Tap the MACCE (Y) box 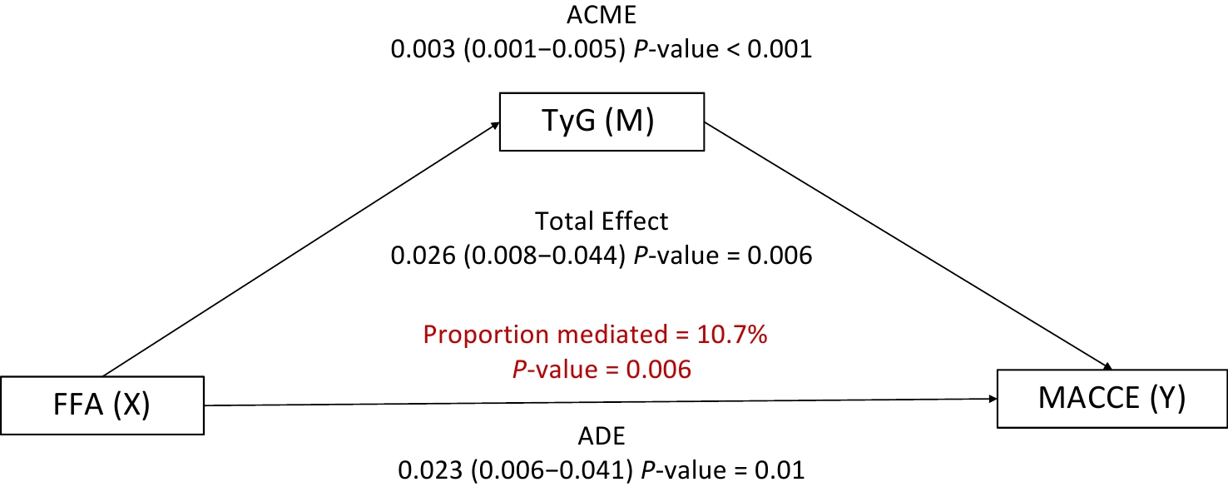pyautogui.click(x=1112, y=400)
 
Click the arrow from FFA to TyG pyautogui.click(x=300, y=249)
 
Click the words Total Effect pyautogui.click(x=601, y=222)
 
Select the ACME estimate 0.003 pyautogui.click(x=418, y=49)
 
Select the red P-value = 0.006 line pyautogui.click(x=601, y=368)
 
